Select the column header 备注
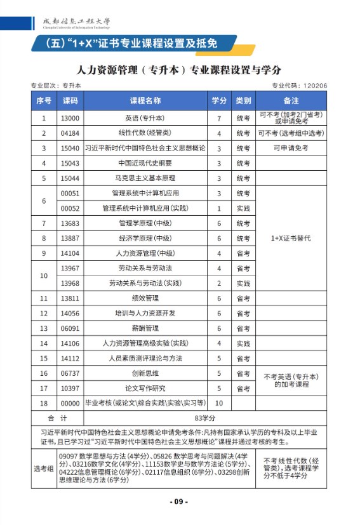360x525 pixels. tap(291, 101)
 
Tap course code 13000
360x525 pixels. tap(69, 118)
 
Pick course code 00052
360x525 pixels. tap(69, 208)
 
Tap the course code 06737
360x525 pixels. tap(69, 373)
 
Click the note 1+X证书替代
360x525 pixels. tap(291, 238)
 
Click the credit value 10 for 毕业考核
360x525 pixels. tap(219, 403)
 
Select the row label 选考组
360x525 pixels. tap(43, 469)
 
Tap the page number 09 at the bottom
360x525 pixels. tap(179, 502)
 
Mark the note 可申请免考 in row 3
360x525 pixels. tap(291, 148)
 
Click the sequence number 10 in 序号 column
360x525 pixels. tap(43, 276)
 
